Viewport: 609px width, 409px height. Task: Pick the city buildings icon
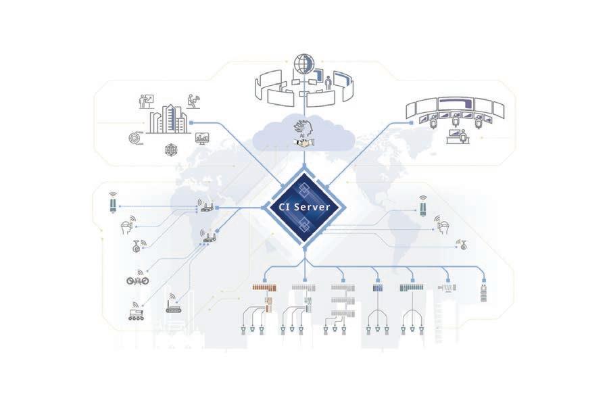(x=166, y=120)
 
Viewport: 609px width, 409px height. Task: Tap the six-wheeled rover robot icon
(x=136, y=312)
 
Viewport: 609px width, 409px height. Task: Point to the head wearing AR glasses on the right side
(x=443, y=226)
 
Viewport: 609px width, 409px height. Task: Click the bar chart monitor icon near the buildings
(x=202, y=138)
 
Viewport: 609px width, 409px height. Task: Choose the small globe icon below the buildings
(x=171, y=149)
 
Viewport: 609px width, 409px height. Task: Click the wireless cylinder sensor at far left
(x=112, y=203)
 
